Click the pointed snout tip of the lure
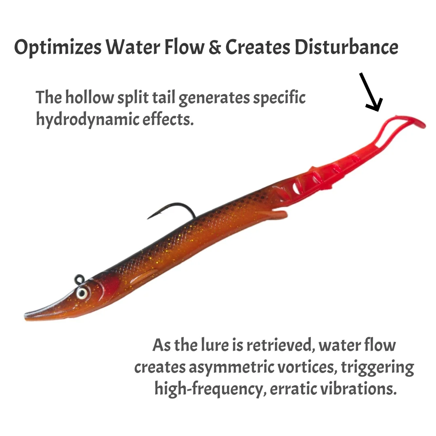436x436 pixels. point(25,315)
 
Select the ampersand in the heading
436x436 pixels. point(214,47)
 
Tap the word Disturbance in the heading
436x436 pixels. point(346,47)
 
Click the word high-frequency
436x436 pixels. point(209,389)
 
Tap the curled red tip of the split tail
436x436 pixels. point(417,122)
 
